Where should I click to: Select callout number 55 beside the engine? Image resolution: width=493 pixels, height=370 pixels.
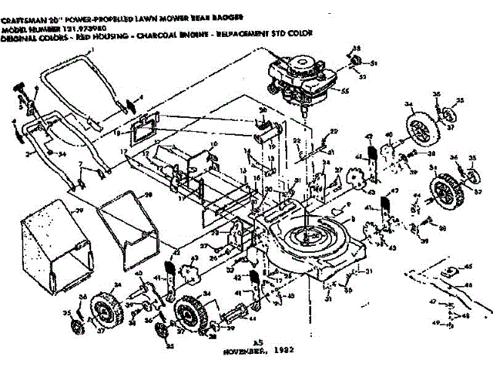click(x=345, y=91)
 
